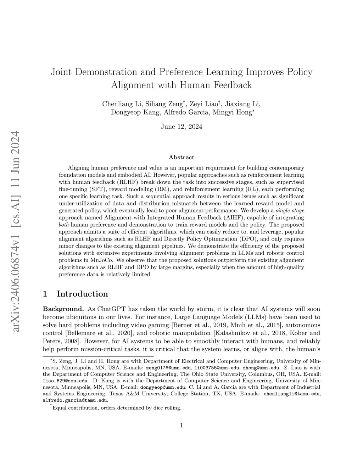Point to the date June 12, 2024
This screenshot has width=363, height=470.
[181, 127]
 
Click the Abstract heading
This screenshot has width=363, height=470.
[181, 157]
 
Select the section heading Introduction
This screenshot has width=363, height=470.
[82, 294]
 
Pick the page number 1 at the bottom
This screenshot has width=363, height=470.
[181, 425]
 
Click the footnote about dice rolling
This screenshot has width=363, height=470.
[117, 408]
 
